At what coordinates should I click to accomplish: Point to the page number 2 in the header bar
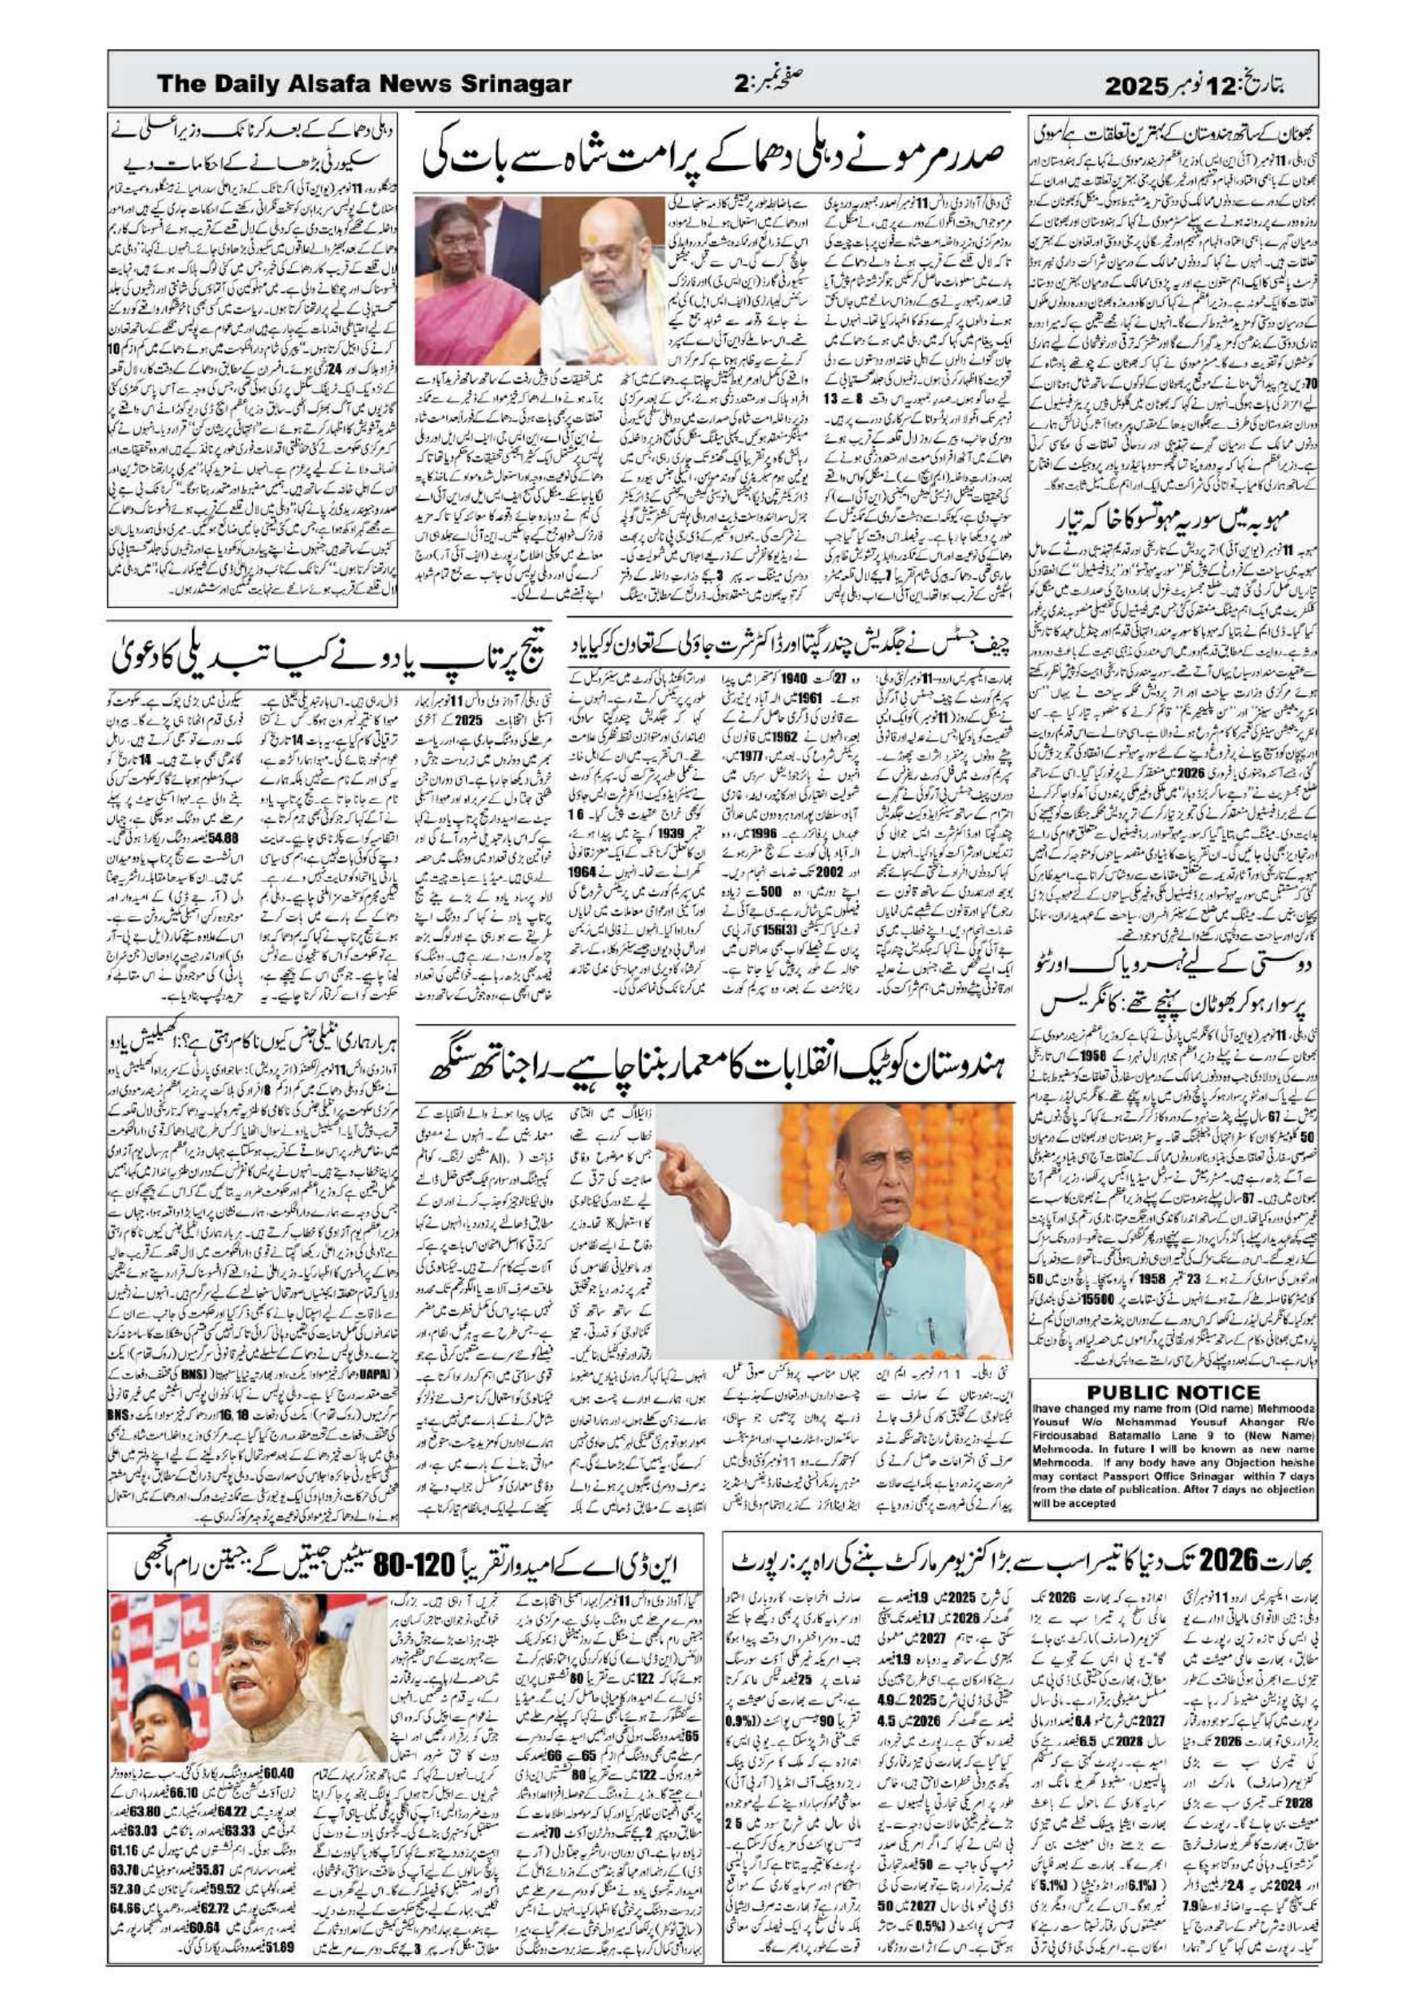(x=740, y=85)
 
